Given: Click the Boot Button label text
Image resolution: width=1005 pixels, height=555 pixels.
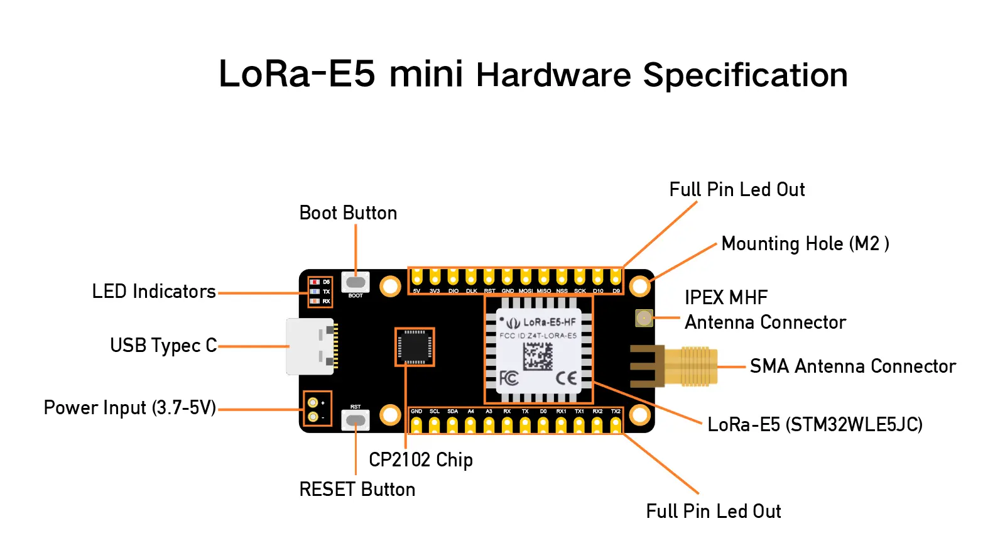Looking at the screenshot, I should click(x=348, y=213).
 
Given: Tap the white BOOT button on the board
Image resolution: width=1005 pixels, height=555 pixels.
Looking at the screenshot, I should click(x=356, y=282).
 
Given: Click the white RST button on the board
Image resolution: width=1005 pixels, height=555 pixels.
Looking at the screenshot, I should click(x=356, y=419).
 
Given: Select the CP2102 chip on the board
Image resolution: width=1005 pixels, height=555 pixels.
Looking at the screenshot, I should click(x=415, y=346).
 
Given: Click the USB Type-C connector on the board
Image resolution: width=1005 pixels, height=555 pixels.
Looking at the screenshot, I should click(x=311, y=346).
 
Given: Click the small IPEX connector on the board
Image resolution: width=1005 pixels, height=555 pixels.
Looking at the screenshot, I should click(x=644, y=318).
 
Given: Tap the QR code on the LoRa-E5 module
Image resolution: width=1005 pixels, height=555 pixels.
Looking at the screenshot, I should click(x=538, y=356).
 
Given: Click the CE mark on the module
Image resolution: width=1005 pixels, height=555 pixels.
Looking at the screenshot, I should click(x=566, y=378).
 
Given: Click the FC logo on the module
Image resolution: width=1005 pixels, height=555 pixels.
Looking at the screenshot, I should click(x=508, y=378).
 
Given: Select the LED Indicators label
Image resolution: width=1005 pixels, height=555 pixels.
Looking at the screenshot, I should click(x=154, y=292).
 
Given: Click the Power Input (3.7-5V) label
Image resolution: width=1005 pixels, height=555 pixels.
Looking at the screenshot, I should click(x=130, y=408).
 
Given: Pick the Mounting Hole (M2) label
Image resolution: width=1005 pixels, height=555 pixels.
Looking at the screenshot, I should click(x=805, y=244).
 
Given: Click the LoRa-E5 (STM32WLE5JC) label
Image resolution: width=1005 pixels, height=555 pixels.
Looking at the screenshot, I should click(x=815, y=425).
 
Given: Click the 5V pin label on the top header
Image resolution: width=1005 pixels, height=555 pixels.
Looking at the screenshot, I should click(x=416, y=291).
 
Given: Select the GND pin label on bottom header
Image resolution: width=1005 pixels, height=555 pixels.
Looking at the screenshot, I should click(x=416, y=411).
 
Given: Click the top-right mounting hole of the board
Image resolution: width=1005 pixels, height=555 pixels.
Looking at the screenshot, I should click(x=639, y=287).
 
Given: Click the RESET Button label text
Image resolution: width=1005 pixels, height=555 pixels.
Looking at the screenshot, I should click(x=357, y=490).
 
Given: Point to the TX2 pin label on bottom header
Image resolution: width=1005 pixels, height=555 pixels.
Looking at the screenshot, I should click(x=616, y=411).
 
